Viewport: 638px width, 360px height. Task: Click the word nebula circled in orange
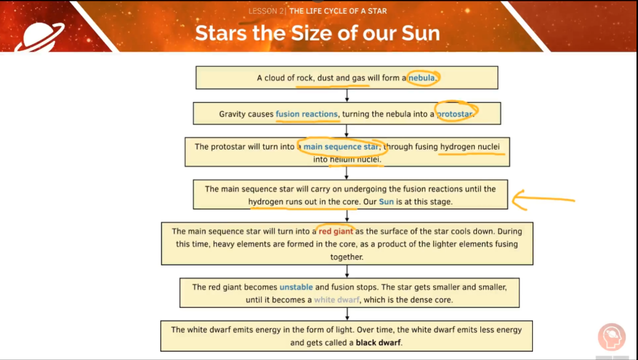(422, 78)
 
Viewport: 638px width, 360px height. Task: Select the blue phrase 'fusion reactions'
(307, 114)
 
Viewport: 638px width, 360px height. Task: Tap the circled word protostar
(454, 114)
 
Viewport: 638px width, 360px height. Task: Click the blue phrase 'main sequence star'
(341, 147)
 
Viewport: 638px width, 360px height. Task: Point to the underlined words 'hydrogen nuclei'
(470, 147)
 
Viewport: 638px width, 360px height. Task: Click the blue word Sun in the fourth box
(386, 202)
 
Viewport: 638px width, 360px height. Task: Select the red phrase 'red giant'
(336, 231)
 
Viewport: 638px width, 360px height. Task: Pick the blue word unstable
(296, 287)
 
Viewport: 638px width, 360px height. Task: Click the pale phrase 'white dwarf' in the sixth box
(336, 300)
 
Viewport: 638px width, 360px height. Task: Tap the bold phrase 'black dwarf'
(378, 343)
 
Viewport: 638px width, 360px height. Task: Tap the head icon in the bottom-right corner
(612, 337)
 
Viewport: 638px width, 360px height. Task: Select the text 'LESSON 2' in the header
(266, 11)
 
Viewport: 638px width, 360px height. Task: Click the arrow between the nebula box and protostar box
(347, 96)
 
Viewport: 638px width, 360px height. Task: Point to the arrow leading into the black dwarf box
(347, 314)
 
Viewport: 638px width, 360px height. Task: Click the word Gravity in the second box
(233, 114)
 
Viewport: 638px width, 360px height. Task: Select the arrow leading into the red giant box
(347, 215)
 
